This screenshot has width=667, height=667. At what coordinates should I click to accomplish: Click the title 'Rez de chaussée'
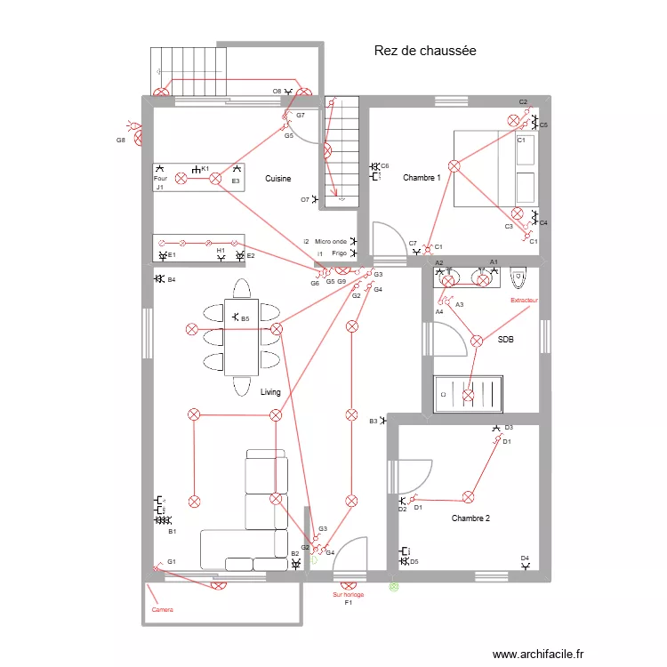(425, 52)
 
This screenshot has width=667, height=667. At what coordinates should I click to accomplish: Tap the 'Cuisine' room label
(277, 179)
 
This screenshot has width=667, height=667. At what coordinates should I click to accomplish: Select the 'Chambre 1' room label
(422, 178)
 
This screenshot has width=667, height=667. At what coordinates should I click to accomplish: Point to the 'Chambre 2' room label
(470, 518)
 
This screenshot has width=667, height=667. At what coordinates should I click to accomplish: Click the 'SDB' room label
(505, 340)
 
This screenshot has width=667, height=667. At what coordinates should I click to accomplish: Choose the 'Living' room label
(270, 392)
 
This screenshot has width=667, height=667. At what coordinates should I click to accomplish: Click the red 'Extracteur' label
(524, 301)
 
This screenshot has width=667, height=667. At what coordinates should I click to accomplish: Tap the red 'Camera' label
(162, 610)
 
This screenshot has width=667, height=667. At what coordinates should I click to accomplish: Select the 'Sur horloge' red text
(348, 594)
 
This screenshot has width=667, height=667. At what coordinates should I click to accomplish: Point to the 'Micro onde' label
(330, 241)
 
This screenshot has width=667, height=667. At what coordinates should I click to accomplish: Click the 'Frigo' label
(339, 253)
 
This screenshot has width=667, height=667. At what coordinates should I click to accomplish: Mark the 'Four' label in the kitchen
(160, 178)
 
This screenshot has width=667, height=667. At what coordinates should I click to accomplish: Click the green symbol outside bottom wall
(394, 586)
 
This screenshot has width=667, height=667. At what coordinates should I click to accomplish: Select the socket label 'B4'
(172, 280)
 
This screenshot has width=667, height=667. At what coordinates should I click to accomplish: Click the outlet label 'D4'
(525, 558)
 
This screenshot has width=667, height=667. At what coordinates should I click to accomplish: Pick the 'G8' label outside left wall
(120, 140)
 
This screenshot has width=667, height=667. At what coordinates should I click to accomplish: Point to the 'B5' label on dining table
(245, 318)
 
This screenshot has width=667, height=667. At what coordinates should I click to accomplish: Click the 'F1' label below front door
(349, 603)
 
